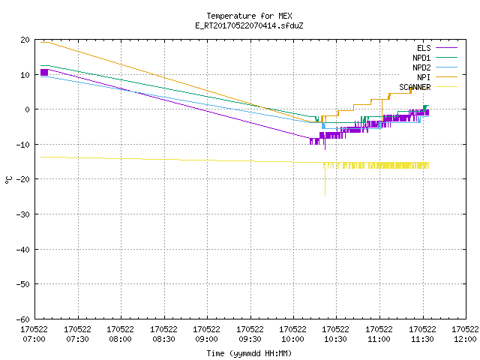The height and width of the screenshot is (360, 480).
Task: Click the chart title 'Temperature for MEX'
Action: point(249,16)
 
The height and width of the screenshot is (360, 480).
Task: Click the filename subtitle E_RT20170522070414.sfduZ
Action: point(249,25)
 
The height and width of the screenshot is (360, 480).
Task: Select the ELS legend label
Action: point(424,48)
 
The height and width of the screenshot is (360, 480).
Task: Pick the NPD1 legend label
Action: point(421,58)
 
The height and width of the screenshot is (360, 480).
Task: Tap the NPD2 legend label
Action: point(421,67)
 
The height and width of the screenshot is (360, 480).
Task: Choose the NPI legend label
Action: point(424,77)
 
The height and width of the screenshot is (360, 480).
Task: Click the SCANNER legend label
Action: point(415,87)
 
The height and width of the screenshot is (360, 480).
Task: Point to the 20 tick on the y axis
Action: point(25,40)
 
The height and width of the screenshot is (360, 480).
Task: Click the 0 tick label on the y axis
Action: point(28,109)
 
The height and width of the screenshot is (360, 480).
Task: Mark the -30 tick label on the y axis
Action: point(23,214)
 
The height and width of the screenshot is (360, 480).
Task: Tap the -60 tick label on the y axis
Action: point(23,319)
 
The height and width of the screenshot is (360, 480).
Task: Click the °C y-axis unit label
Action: point(8,180)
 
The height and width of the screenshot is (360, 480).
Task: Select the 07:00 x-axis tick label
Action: point(34,334)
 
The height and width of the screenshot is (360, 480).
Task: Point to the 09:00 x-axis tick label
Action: point(206,334)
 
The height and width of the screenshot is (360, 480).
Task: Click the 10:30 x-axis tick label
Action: point(335,334)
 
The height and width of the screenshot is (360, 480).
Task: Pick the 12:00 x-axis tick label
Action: point(465,334)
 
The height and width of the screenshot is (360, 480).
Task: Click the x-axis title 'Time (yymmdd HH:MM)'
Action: point(249,353)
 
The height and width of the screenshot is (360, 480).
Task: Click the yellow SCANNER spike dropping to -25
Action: point(325,181)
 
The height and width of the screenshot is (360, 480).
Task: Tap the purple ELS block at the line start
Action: point(44,72)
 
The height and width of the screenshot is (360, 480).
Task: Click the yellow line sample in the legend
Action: point(446,87)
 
